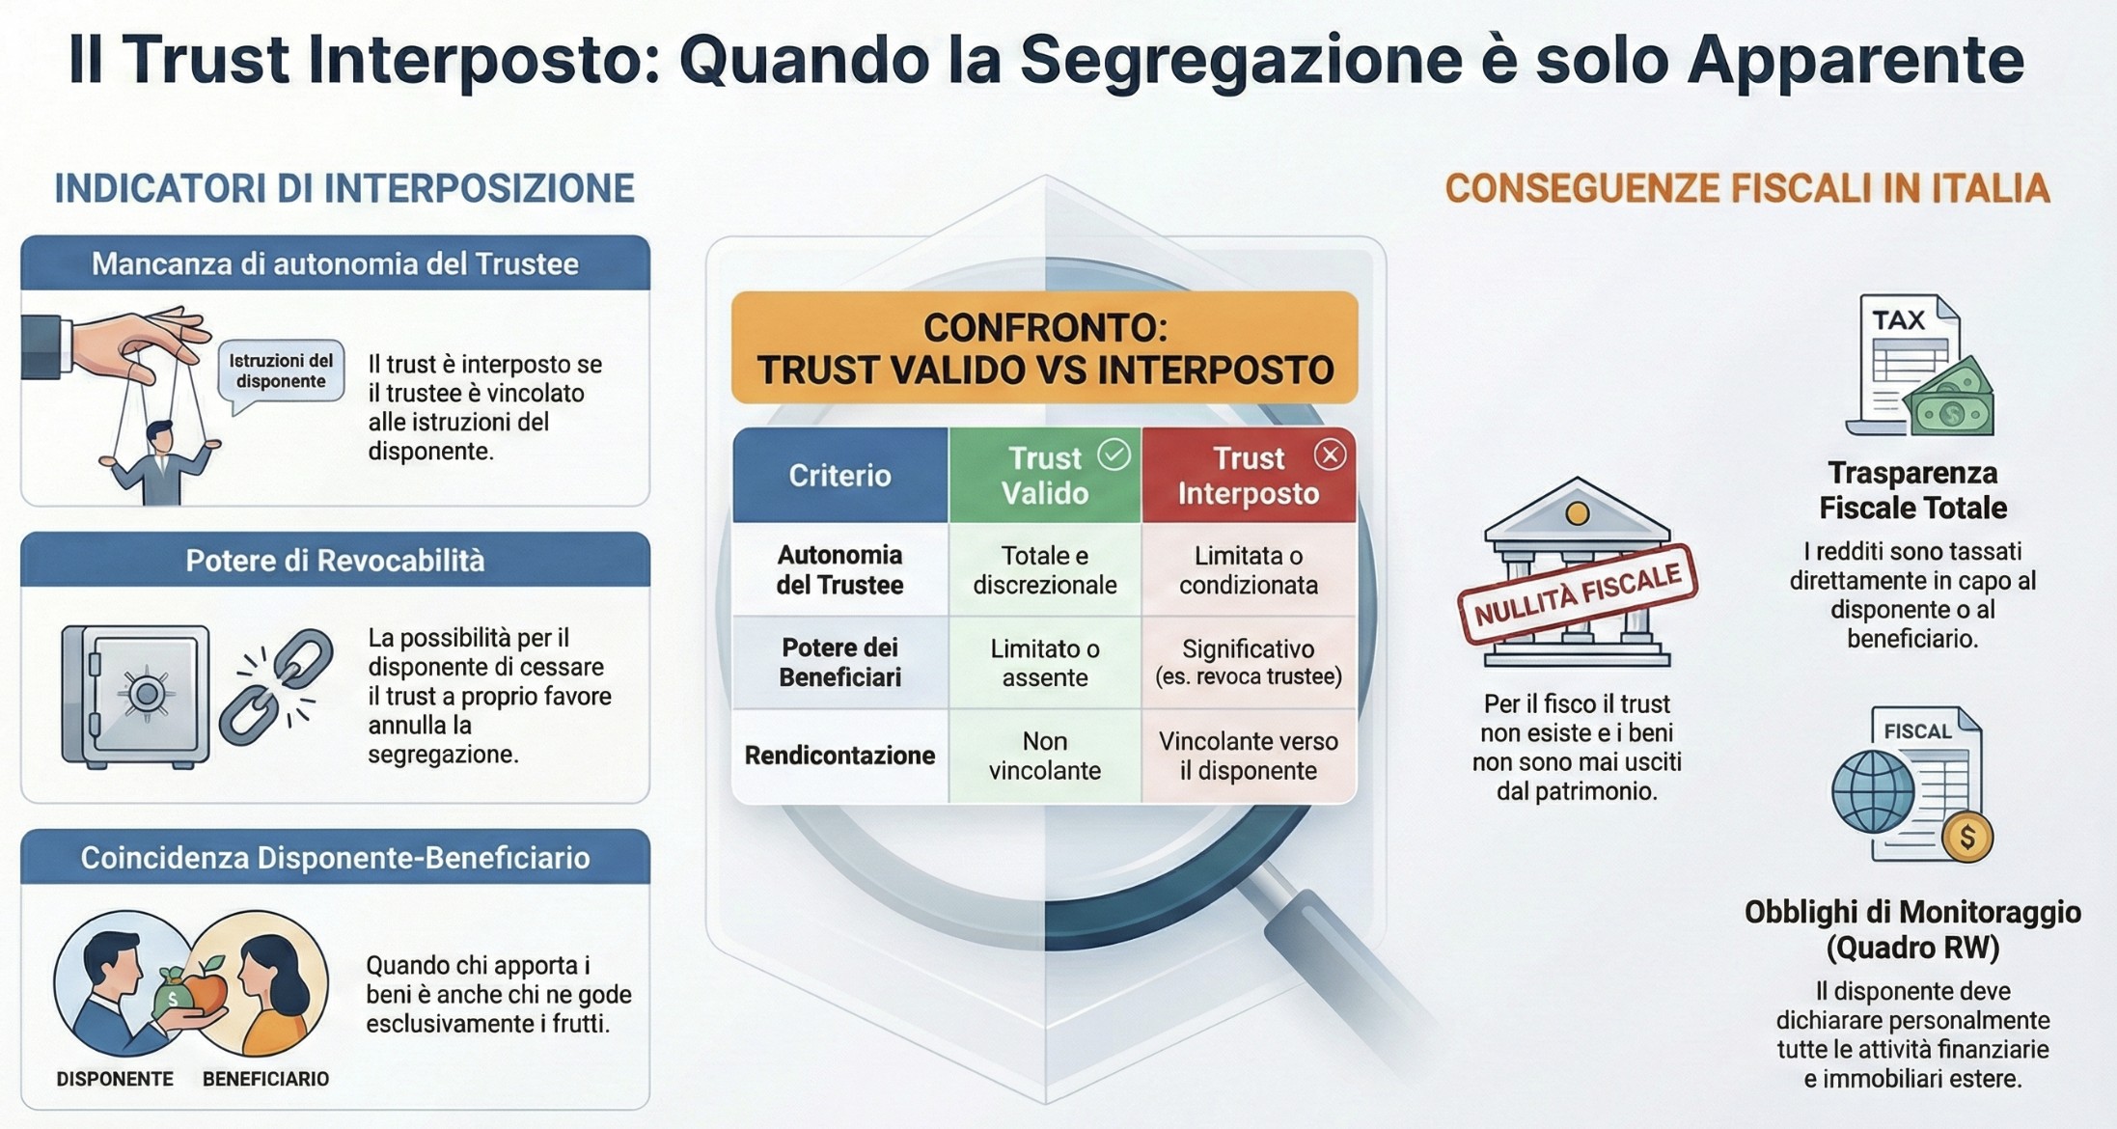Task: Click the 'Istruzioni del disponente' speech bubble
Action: [281, 373]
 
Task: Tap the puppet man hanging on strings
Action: [159, 461]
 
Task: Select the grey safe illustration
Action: [135, 696]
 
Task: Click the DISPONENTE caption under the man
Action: [115, 1079]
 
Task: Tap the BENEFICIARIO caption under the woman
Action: [265, 1079]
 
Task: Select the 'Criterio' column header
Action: [840, 475]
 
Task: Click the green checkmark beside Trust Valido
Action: [1114, 454]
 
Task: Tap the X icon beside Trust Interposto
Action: [1330, 454]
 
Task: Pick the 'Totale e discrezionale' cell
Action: [1045, 570]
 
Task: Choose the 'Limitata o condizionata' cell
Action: [1249, 570]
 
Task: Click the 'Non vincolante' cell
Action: [1045, 756]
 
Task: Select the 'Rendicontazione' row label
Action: [839, 756]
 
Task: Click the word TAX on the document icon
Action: [1898, 320]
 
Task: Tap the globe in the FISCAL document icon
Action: [1873, 791]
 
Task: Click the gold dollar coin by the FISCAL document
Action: [1967, 837]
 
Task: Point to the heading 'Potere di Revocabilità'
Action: [335, 561]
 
